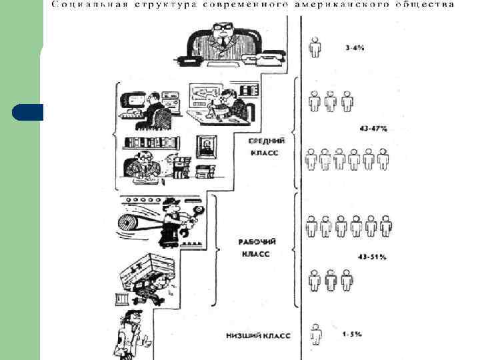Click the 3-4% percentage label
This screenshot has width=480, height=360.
click(x=355, y=47)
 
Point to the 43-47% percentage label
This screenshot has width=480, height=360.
click(x=368, y=127)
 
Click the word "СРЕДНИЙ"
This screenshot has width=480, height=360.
click(x=267, y=141)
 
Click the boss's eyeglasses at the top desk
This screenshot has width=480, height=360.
click(x=222, y=29)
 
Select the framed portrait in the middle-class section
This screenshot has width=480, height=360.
click(x=208, y=146)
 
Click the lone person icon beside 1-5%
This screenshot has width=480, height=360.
click(x=316, y=333)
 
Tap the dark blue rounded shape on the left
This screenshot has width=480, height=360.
click(x=27, y=112)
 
